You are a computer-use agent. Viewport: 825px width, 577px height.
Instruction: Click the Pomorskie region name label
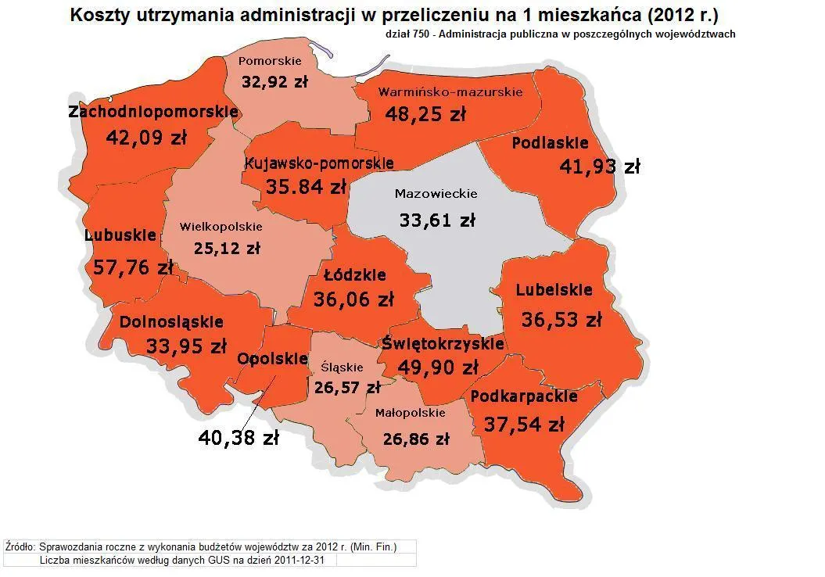(x=270, y=61)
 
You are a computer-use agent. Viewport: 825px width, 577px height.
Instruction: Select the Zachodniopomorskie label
(x=152, y=112)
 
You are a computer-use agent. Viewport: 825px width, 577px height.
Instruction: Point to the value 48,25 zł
(x=425, y=114)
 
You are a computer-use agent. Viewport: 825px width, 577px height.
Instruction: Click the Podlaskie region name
(x=550, y=143)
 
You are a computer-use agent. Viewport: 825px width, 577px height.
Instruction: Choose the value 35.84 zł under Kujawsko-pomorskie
(x=295, y=187)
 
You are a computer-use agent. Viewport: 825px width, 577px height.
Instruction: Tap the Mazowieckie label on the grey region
(x=436, y=194)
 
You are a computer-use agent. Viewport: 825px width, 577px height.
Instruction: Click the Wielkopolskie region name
(x=221, y=228)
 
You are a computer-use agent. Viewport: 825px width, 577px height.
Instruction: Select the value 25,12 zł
(x=227, y=249)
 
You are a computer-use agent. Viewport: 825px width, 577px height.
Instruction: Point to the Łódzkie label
(x=355, y=275)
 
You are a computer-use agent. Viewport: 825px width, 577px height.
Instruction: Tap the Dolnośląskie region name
(x=171, y=321)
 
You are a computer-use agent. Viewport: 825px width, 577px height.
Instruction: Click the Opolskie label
(x=272, y=359)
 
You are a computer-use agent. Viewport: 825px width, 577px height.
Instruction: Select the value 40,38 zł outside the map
(x=238, y=438)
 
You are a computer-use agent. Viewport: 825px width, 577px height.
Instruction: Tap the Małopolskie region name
(x=410, y=413)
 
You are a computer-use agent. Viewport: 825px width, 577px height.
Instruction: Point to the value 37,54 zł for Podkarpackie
(x=524, y=425)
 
